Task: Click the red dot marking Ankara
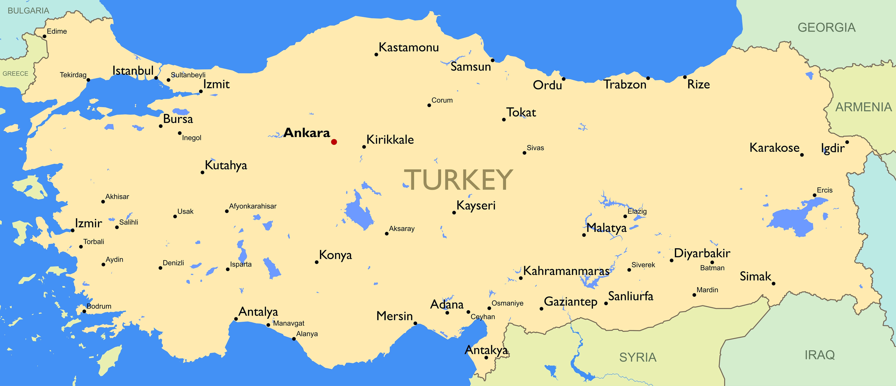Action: tap(334, 142)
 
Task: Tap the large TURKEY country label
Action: tap(458, 180)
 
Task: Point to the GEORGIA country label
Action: tap(826, 27)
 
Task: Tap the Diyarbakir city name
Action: tap(702, 253)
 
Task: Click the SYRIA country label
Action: tap(638, 357)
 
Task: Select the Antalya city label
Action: tap(258, 312)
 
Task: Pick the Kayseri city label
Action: tap(476, 205)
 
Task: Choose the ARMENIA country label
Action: tap(864, 107)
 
